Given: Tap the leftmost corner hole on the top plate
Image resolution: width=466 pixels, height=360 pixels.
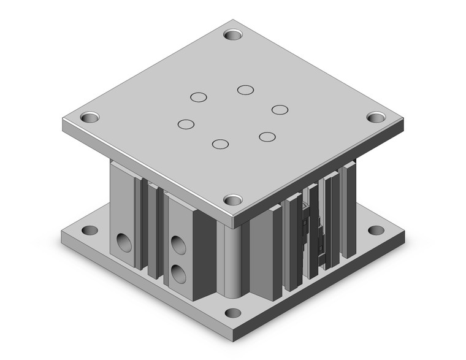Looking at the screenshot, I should click(x=90, y=116).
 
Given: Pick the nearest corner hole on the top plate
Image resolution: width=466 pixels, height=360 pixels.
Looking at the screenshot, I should click(x=232, y=199).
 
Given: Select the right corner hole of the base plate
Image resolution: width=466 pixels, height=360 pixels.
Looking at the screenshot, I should click(x=374, y=231).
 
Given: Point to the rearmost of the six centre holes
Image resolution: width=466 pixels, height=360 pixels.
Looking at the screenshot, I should click(x=246, y=90).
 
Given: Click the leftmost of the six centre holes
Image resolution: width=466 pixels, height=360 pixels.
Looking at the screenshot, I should click(x=186, y=124).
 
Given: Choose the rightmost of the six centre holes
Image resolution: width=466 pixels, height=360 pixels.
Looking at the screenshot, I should click(x=280, y=109).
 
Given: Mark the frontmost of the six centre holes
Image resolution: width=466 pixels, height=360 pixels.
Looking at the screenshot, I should click(x=220, y=144).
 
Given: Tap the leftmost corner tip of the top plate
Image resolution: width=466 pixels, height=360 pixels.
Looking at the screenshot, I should click(x=63, y=121).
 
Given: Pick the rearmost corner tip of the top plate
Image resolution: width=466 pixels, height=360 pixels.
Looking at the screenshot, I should click(x=233, y=19).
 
